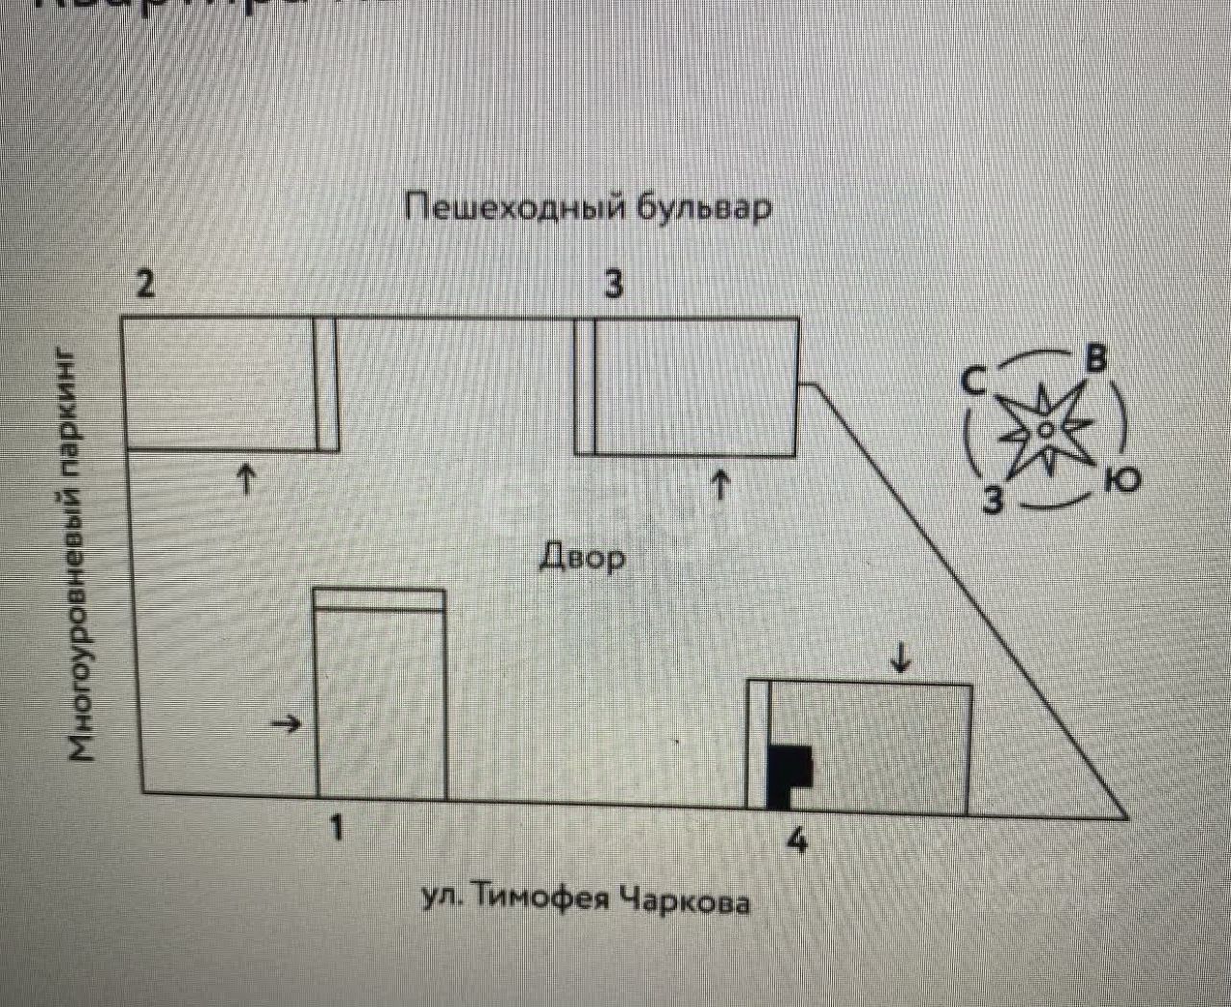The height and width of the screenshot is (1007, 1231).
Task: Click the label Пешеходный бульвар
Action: [588, 208]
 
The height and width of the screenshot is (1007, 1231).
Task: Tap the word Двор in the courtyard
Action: [582, 556]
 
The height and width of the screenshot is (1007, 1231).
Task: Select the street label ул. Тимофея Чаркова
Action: [586, 898]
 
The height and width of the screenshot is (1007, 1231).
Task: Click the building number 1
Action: [336, 826]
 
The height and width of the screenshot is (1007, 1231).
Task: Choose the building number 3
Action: [613, 284]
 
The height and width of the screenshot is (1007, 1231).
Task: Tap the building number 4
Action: [796, 840]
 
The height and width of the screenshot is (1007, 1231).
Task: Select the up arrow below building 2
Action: [247, 477]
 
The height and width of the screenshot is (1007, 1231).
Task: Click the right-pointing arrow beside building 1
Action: [286, 724]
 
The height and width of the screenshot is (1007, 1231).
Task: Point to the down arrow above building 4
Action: [900, 659]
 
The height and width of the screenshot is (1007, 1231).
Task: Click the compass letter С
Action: [973, 382]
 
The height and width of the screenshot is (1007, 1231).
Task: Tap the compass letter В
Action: [1095, 359]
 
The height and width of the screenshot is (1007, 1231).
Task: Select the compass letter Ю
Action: [1121, 478]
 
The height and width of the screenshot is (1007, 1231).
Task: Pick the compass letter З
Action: [992, 500]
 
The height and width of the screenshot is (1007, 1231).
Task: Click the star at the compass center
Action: [1044, 428]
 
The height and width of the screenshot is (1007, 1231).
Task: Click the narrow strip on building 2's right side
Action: [327, 384]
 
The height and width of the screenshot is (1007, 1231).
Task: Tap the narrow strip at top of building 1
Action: [380, 599]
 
